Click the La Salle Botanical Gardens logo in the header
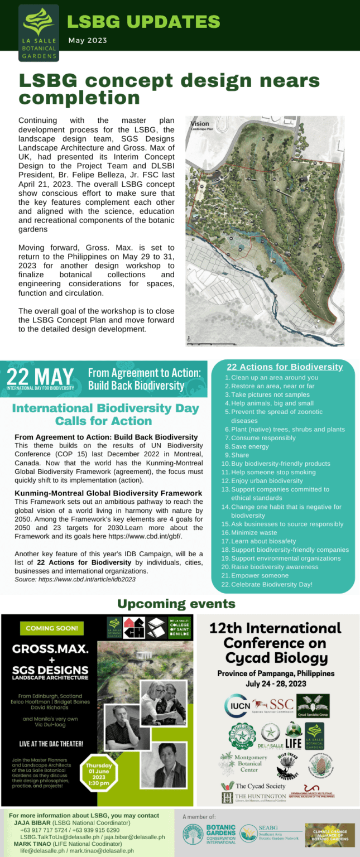[x=39, y=32]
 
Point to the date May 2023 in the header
[x=88, y=40]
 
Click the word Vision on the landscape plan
[x=200, y=124]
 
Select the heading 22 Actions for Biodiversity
[x=285, y=367]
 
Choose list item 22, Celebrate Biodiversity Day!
[x=275, y=584]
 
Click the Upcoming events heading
[x=176, y=604]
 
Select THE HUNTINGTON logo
[x=253, y=798]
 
